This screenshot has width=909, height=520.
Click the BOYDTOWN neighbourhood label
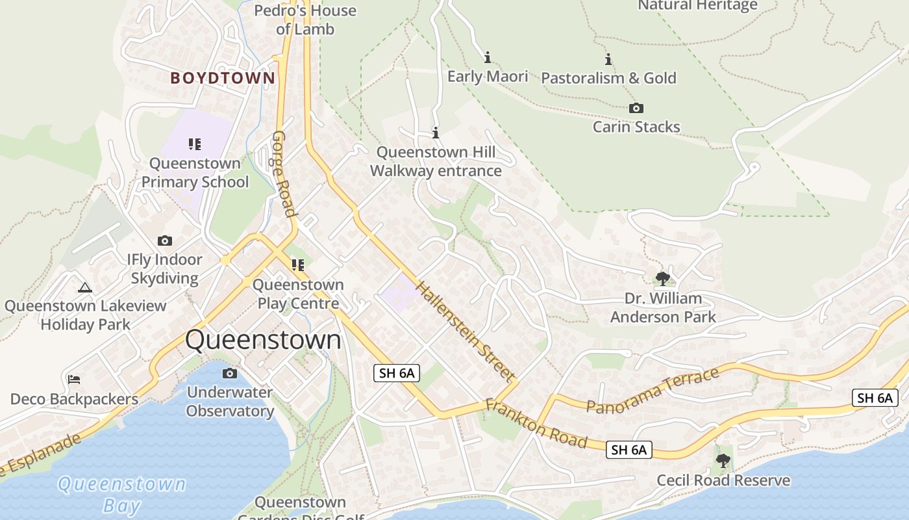pyautogui.click(x=223, y=78)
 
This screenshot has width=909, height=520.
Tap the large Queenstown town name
pyautogui.click(x=263, y=340)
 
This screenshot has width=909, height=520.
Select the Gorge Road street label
pyautogui.click(x=284, y=174)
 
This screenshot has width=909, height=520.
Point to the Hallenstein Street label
pyautogui.click(x=465, y=331)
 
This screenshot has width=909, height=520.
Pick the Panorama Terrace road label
pyautogui.click(x=653, y=390)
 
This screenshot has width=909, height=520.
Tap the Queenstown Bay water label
pyautogui.click(x=121, y=494)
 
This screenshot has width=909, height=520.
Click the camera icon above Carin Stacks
pyautogui.click(x=636, y=108)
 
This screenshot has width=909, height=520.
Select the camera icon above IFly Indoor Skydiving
pyautogui.click(x=165, y=240)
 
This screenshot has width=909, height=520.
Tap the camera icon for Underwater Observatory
pyautogui.click(x=229, y=373)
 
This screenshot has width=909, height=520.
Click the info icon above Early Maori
pyautogui.click(x=488, y=57)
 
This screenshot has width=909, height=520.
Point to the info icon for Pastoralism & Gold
pyautogui.click(x=608, y=59)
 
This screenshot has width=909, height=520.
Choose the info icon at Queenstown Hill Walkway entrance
pyautogui.click(x=436, y=133)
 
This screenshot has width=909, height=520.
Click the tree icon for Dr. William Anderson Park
pyautogui.click(x=662, y=279)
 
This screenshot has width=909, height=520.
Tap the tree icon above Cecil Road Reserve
pyautogui.click(x=723, y=461)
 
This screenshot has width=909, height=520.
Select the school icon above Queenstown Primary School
pyautogui.click(x=195, y=144)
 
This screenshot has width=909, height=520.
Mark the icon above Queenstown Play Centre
pyautogui.click(x=298, y=265)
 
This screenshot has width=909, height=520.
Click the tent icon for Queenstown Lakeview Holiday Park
pyautogui.click(x=85, y=287)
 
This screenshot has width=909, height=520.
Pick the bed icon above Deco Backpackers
pyautogui.click(x=74, y=380)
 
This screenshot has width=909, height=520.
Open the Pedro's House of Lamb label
pyautogui.click(x=305, y=19)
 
